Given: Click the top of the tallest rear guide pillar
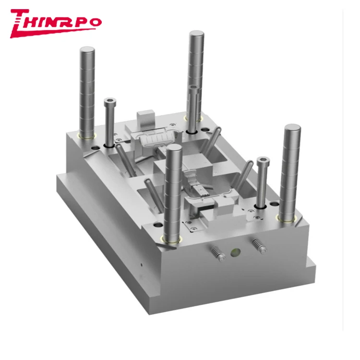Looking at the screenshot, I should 196,35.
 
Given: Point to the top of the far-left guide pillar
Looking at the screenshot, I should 86,50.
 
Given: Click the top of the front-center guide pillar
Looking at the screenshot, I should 173,150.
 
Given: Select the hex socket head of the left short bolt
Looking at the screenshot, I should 109,101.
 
